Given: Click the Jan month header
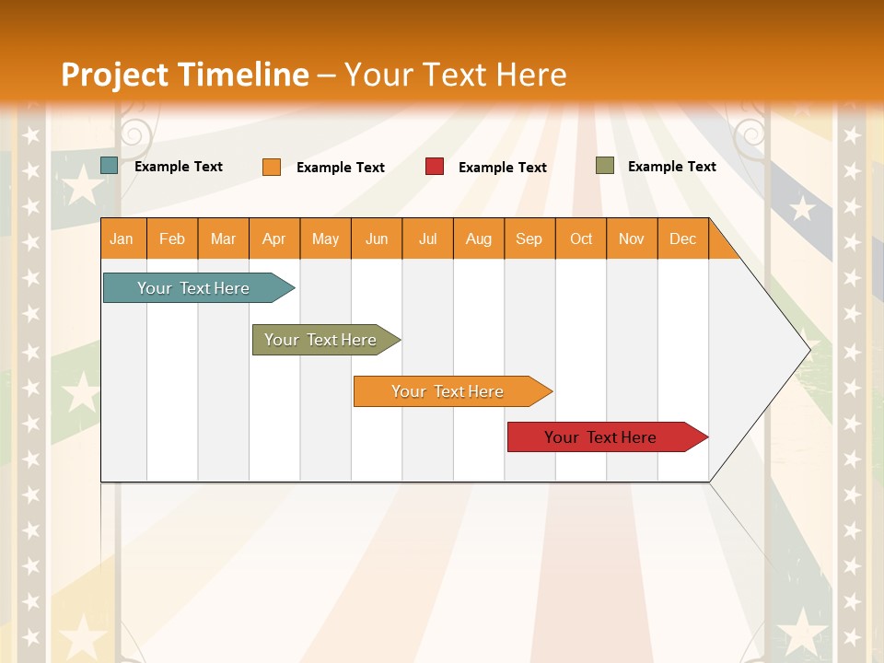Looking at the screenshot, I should pyautogui.click(x=122, y=238).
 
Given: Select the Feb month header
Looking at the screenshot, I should pyautogui.click(x=172, y=238).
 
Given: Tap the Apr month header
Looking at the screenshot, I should pyautogui.click(x=274, y=238).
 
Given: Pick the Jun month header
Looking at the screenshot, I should pyautogui.click(x=377, y=238).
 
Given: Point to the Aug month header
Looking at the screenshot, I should pyautogui.click(x=479, y=238).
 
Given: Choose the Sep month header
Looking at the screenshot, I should pyautogui.click(x=529, y=238).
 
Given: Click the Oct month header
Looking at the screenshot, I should pyautogui.click(x=581, y=238).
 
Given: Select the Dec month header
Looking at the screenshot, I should pyautogui.click(x=683, y=238).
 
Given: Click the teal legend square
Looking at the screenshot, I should pyautogui.click(x=110, y=166).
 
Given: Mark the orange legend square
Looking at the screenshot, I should pyautogui.click(x=272, y=167).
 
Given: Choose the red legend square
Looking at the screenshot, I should pyautogui.click(x=435, y=167).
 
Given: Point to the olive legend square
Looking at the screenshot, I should pyautogui.click(x=605, y=166).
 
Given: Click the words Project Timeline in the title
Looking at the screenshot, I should pyautogui.click(x=185, y=75).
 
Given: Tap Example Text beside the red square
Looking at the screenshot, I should pyautogui.click(x=503, y=168).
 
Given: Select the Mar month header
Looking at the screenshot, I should pyautogui.click(x=224, y=238).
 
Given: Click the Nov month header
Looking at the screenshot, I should pyautogui.click(x=632, y=238).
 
